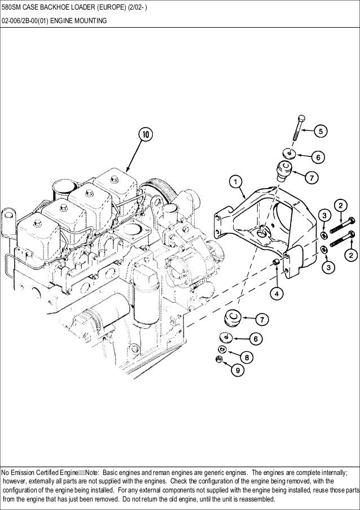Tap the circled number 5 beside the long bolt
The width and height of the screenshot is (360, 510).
(319, 132)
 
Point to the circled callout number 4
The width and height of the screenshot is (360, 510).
(277, 294)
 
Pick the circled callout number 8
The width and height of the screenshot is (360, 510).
(246, 357)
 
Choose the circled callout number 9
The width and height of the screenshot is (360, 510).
(237, 370)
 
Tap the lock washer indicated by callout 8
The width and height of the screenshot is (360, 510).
(222, 350)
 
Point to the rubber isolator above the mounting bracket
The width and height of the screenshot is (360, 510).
(284, 169)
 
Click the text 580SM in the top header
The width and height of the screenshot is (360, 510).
(12, 7)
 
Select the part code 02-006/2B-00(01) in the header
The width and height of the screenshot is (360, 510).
(23, 22)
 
